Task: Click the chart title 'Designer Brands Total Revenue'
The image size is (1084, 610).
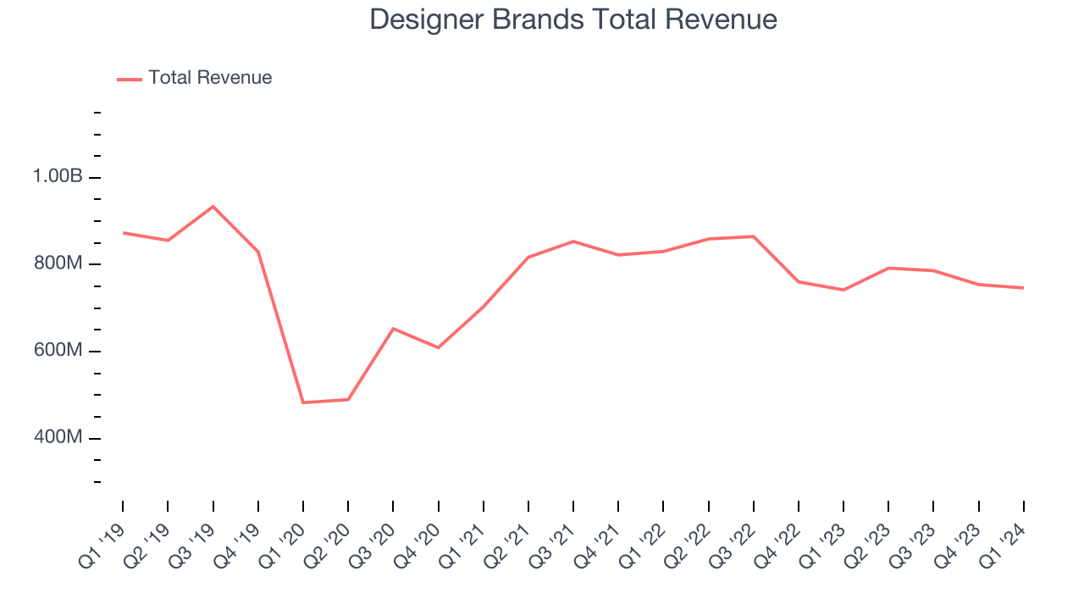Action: [573, 19]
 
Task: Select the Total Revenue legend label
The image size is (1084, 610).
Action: [210, 78]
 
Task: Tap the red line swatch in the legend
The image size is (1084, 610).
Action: [130, 79]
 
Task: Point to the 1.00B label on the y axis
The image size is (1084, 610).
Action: [58, 177]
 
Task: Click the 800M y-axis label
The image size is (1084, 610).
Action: [58, 264]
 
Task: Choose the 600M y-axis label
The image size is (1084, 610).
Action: [58, 351]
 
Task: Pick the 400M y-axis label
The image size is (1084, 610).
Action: [58, 438]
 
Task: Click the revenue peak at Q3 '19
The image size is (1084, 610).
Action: [213, 206]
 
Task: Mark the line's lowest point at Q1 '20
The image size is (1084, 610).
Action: [303, 402]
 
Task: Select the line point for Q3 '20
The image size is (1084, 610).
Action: [393, 328]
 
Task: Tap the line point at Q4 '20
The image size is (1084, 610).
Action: [438, 347]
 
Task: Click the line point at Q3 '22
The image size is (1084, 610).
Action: [753, 236]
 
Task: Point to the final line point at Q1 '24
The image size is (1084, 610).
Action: [1023, 288]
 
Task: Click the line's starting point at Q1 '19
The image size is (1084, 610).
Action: [123, 232]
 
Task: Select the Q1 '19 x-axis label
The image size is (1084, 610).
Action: [102, 543]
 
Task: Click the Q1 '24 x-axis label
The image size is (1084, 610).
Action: [1003, 543]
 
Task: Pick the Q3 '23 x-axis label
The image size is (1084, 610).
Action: [913, 543]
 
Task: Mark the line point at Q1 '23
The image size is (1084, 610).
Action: [843, 290]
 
